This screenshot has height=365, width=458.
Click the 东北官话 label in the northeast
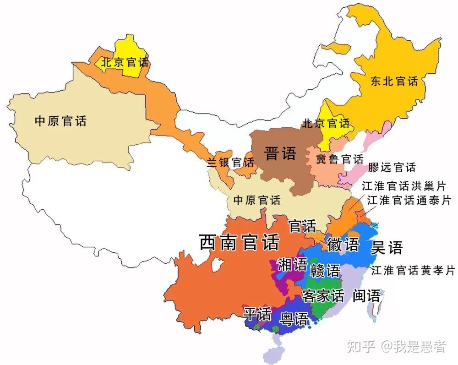point(394,82)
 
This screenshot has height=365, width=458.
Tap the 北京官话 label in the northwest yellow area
point(125,62)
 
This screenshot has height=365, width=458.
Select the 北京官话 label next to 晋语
point(326,123)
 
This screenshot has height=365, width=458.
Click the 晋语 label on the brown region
point(280,153)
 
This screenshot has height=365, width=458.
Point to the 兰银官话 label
point(230,162)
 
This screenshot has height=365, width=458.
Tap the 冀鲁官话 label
point(340,159)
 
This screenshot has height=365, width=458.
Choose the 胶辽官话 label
point(392,167)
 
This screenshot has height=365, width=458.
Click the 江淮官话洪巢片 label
point(403,186)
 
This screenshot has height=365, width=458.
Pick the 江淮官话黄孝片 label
point(413,271)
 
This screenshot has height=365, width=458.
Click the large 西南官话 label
point(239,242)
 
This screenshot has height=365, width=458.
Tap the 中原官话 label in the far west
point(60,121)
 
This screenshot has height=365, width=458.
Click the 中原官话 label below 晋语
point(257,200)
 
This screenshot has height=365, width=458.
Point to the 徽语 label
point(343,245)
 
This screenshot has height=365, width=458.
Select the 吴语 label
point(387,247)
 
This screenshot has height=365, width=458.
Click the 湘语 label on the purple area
point(292,264)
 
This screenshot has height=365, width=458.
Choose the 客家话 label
point(323,296)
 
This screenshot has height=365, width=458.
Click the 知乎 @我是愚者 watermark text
point(396,347)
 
